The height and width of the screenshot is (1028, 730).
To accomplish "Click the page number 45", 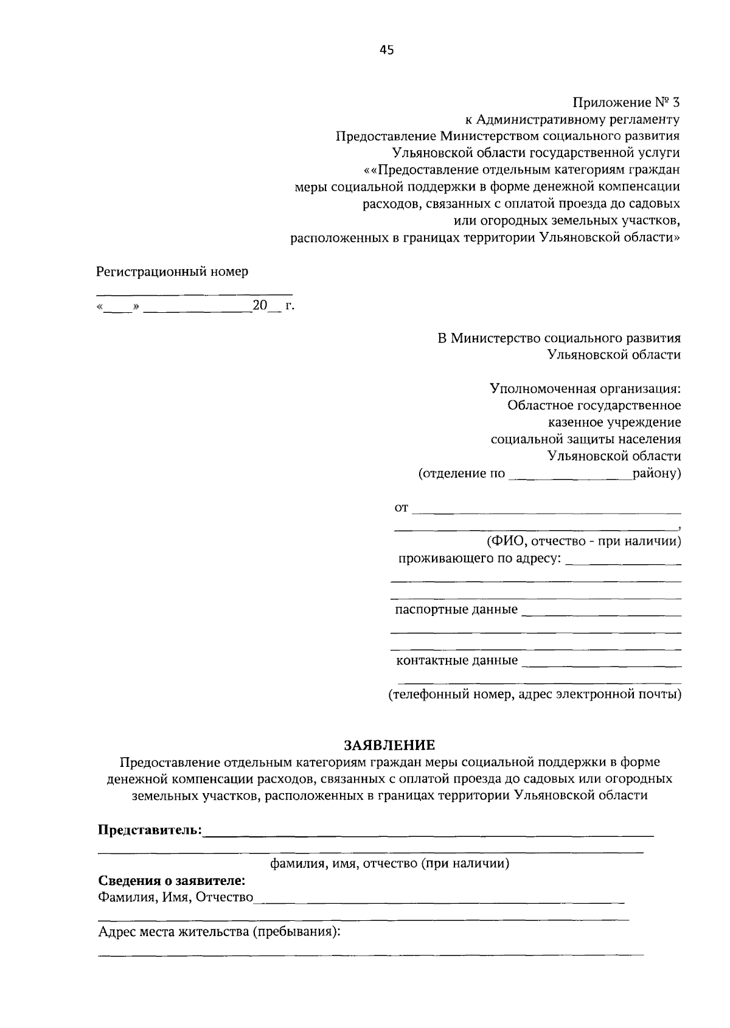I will click(387, 51).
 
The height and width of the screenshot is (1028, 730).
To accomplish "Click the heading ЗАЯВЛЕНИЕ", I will click(390, 745).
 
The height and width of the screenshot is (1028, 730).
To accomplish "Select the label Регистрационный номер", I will click(172, 271).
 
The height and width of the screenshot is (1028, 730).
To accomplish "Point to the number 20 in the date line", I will click(260, 306).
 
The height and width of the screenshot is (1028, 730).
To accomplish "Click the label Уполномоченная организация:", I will click(585, 388).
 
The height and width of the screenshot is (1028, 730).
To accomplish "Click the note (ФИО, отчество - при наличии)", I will click(583, 540).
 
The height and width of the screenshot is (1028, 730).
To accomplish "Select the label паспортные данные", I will click(456, 609).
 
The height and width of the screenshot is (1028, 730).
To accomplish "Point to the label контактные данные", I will click(457, 660).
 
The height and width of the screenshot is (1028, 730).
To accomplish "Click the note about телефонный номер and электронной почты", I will click(535, 694).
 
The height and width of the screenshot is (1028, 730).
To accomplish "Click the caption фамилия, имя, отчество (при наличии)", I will click(389, 863).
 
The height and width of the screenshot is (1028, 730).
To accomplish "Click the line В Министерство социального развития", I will click(559, 338).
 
